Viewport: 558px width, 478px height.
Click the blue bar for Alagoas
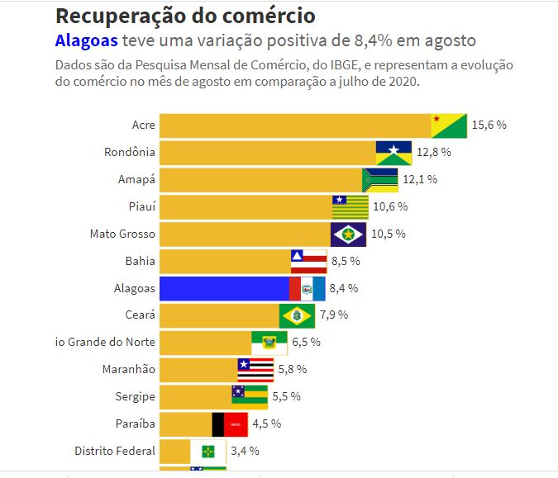click(x=223, y=288)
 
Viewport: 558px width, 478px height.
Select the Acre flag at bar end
click(x=449, y=125)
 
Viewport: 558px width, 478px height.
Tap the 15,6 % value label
click(x=489, y=125)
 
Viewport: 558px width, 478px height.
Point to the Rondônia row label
click(x=130, y=152)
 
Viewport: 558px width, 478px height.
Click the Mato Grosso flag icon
click(x=348, y=234)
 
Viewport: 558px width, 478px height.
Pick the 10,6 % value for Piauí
click(x=390, y=206)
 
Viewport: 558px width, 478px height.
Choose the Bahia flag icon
click(x=308, y=261)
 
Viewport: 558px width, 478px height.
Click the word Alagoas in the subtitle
click(x=86, y=41)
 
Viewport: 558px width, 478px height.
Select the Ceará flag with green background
click(x=297, y=315)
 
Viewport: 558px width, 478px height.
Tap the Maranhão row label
click(x=129, y=369)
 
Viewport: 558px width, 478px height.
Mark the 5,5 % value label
click(x=286, y=396)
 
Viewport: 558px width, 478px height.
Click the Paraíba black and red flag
click(x=230, y=424)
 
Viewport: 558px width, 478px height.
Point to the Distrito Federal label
click(x=115, y=451)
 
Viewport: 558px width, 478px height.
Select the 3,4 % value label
click(x=245, y=451)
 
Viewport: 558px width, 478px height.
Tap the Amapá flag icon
click(x=379, y=179)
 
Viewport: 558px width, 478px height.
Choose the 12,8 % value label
click(x=432, y=152)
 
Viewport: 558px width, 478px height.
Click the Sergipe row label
click(x=136, y=396)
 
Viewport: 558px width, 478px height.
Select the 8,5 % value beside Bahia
click(x=346, y=261)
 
